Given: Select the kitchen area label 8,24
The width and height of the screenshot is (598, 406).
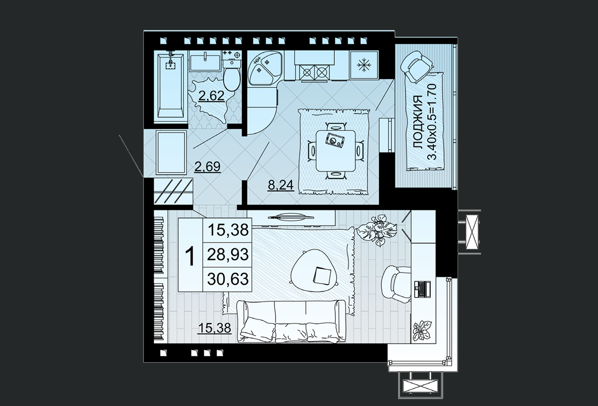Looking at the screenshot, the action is point(281,185).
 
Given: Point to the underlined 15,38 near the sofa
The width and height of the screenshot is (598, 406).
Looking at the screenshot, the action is point(214,327).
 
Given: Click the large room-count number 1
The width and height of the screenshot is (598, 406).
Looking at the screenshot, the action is point(190,256).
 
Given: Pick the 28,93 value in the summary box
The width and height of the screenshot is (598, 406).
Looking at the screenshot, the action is point(228,254).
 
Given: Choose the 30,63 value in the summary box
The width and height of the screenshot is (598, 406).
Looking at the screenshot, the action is point(228,279).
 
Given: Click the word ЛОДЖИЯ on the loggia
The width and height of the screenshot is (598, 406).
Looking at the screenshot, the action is point(418,122).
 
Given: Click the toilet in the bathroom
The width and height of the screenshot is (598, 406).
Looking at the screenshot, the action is point(231,74).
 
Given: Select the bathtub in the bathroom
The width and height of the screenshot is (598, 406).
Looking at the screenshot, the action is point(170,85).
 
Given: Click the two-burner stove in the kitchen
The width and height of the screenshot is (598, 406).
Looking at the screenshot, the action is point(314,72).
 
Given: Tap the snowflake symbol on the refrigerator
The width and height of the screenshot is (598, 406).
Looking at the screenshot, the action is point(364,66).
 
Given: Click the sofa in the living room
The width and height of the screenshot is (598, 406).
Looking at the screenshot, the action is point(291,321).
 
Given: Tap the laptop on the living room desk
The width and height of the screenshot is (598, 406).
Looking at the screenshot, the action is point(422,289).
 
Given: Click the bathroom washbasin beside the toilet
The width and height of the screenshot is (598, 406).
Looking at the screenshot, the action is point(205,62).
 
